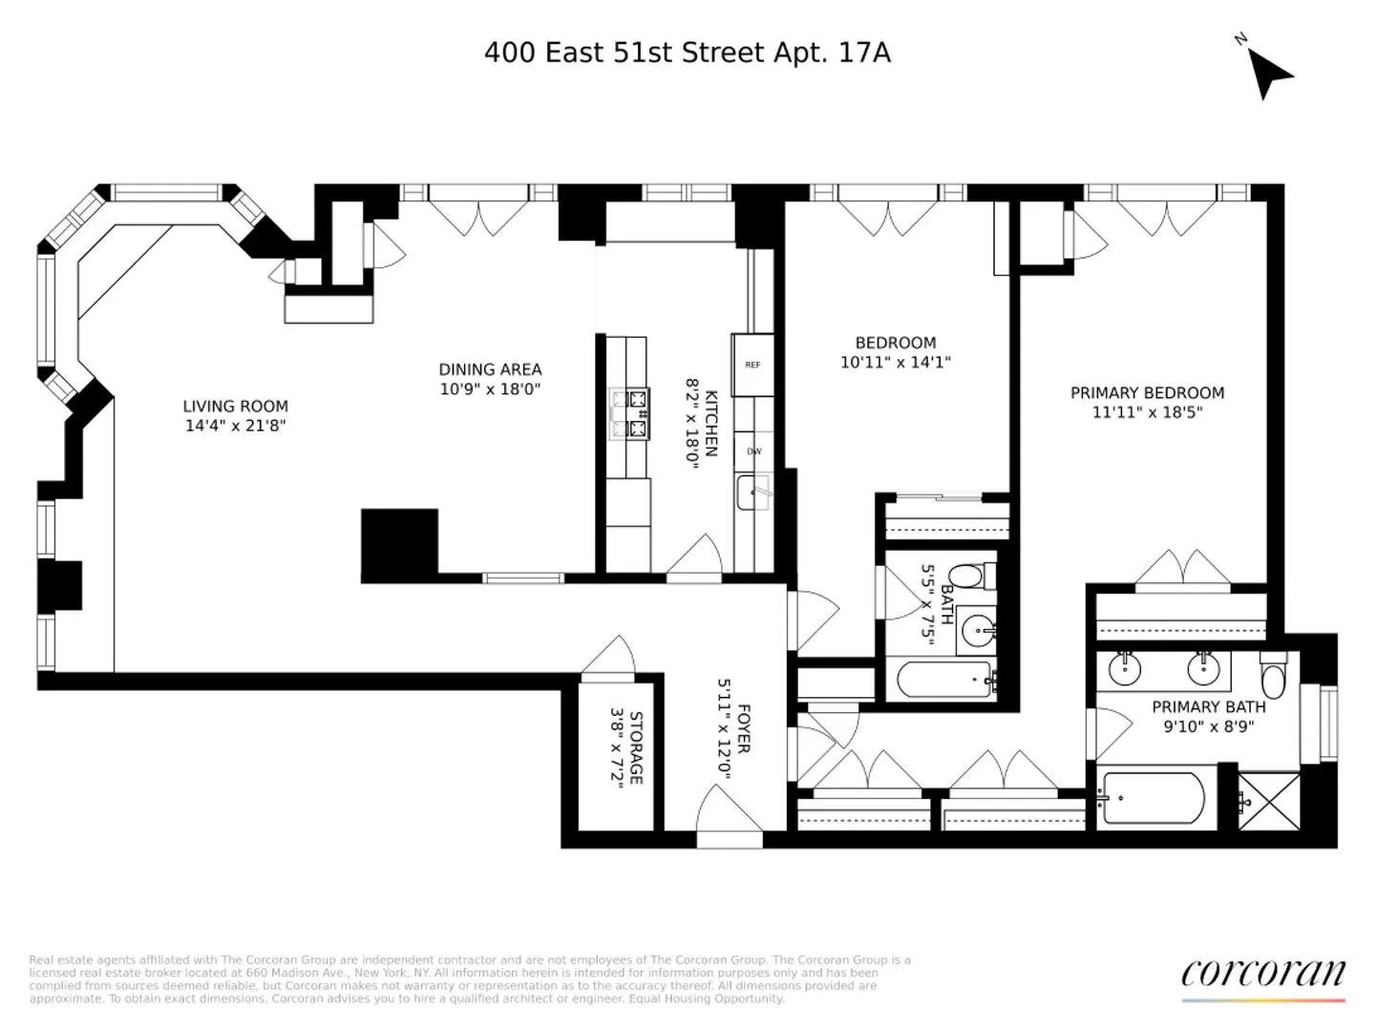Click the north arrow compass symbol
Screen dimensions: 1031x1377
(x=1269, y=71)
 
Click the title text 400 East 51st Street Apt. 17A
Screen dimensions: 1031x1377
(x=687, y=53)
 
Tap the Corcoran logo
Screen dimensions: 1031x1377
(x=1262, y=974)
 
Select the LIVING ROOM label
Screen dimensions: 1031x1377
(x=235, y=406)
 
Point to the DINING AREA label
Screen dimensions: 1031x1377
(x=490, y=369)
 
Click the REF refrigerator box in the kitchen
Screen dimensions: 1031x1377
(x=752, y=365)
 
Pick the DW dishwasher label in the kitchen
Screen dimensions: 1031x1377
(x=754, y=452)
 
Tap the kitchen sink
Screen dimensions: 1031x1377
(x=753, y=493)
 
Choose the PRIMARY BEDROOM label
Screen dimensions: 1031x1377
(x=1147, y=392)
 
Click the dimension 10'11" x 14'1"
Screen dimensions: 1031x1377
(x=895, y=363)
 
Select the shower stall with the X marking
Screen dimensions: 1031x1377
(x=1269, y=801)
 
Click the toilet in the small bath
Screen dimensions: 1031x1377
(x=970, y=577)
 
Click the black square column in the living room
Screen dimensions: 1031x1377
(x=399, y=543)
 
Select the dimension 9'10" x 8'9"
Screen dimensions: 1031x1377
(x=1208, y=726)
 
